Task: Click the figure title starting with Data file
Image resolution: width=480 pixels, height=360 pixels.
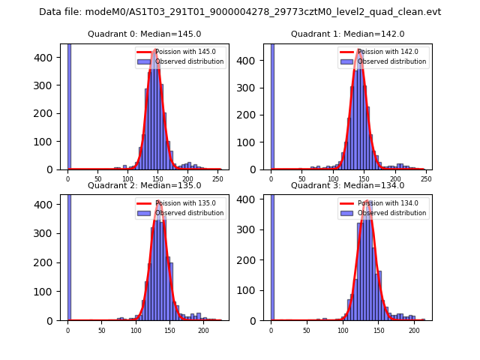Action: pos(240,12)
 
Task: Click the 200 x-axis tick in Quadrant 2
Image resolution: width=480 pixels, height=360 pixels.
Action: pos(203,330)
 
